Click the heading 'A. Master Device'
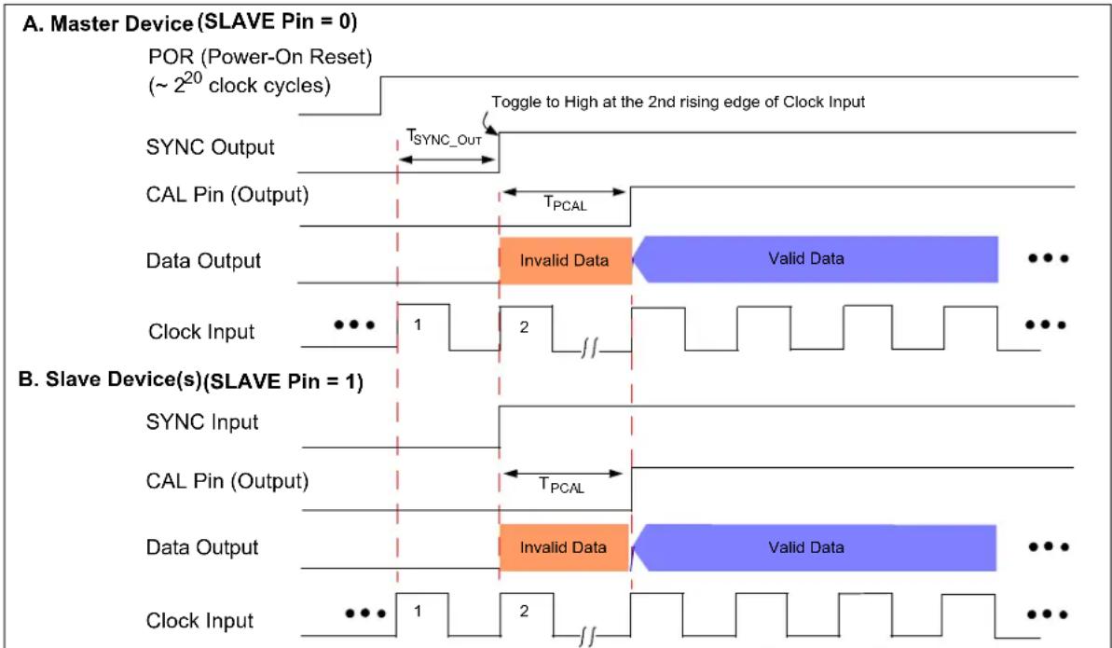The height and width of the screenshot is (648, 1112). point(108,23)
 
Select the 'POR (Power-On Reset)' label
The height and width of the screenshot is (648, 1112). point(260,56)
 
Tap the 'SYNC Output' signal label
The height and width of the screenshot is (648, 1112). point(210,147)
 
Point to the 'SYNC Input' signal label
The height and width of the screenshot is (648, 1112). point(202,421)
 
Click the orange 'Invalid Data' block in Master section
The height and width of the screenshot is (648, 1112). point(565,260)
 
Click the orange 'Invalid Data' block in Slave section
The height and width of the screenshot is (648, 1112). point(565,547)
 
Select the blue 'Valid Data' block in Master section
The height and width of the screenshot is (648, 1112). point(815,259)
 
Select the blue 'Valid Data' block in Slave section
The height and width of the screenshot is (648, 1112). point(814,547)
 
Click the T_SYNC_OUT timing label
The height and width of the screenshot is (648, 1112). point(444,137)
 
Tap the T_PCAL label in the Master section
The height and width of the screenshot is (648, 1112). point(565,204)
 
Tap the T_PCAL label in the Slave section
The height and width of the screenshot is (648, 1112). point(562,486)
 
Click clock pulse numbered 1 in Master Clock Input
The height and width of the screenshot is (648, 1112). point(422,326)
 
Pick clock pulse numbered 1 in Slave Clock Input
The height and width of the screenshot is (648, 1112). point(422,614)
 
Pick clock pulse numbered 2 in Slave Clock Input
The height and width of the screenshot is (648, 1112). point(527,614)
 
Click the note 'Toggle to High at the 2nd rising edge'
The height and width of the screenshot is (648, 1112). point(678,103)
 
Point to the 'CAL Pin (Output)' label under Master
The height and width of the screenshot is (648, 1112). point(227,195)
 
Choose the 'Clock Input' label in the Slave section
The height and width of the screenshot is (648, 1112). point(199,620)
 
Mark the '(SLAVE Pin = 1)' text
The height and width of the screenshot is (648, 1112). point(283,382)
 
